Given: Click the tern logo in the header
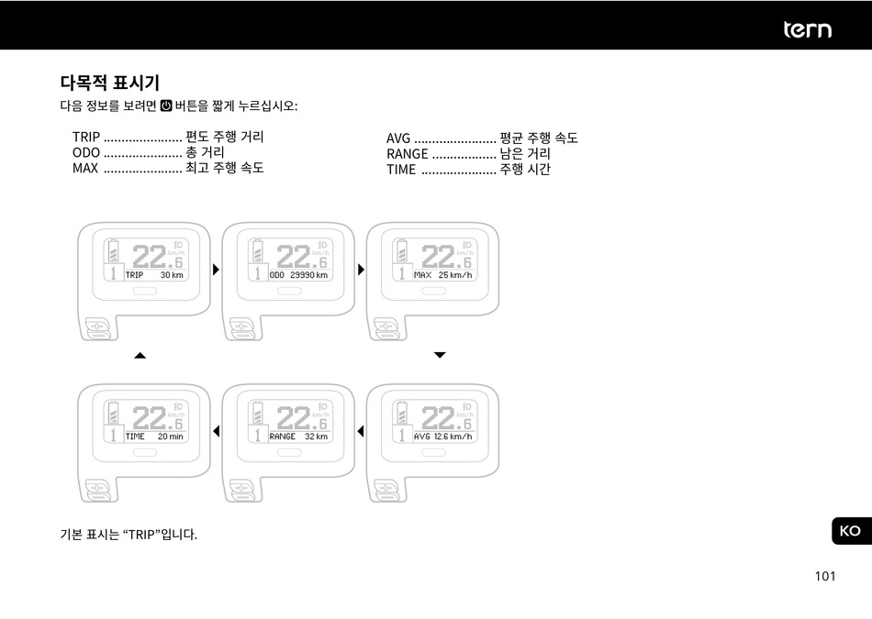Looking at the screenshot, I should click(807, 29).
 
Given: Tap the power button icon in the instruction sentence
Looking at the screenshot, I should click(166, 106).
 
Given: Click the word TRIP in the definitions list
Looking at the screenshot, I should click(86, 138).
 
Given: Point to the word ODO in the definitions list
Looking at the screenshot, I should click(86, 152).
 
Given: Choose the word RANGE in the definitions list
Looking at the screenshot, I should click(408, 154).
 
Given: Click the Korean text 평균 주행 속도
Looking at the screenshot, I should click(539, 138).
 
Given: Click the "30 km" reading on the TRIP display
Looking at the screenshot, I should click(172, 275).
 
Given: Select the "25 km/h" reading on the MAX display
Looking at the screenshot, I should click(455, 275).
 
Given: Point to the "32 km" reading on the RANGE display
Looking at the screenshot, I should click(316, 437).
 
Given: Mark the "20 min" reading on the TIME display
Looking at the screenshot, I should click(170, 437).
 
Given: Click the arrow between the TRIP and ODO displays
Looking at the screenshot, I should click(217, 270).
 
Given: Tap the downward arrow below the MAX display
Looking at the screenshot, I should click(440, 355).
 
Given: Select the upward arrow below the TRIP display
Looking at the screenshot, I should click(140, 355).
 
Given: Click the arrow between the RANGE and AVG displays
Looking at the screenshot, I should click(361, 431).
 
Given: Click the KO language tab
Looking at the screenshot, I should click(850, 531).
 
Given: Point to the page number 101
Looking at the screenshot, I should click(824, 576).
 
